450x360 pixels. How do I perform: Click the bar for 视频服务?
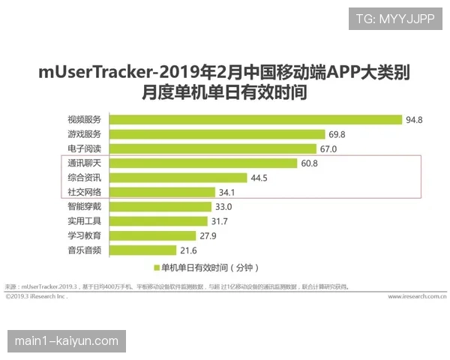[255, 119]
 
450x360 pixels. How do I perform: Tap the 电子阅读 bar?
[212, 148]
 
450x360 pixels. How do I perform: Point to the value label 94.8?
[415, 119]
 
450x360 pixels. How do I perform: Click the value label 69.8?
[337, 134]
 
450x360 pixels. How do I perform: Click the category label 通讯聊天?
[83, 163]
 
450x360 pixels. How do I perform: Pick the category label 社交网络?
[83, 192]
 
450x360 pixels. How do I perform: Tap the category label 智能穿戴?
[83, 206]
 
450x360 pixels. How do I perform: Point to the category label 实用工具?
[83, 221]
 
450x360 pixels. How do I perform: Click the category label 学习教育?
[83, 235]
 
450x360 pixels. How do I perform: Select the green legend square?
[155, 267]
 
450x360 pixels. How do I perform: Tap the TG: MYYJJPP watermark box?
[395, 19]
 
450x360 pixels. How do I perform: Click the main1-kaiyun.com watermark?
[66, 341]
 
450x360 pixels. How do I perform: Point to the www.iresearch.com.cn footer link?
[418, 296]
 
